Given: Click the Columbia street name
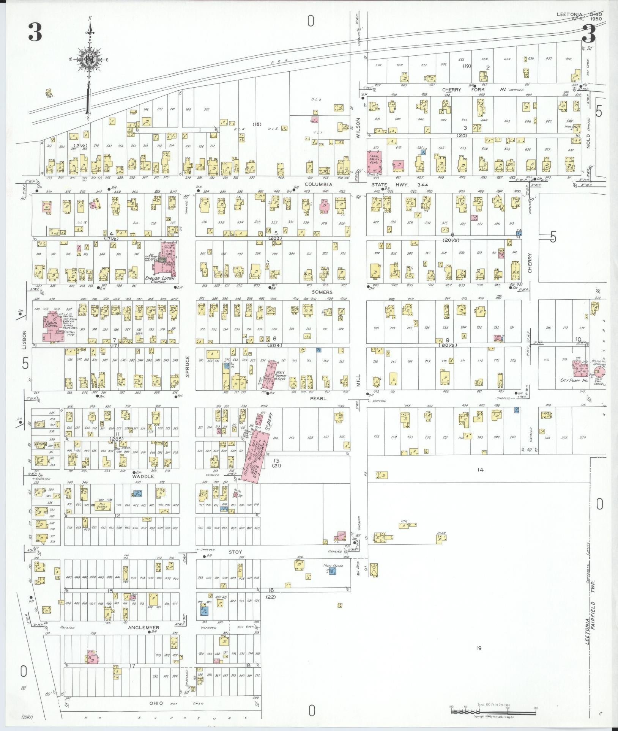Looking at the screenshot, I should [320, 184].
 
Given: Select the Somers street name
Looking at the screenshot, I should [322, 292].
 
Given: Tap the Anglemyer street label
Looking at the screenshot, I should [143, 627].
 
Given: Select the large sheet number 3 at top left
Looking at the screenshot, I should [35, 33].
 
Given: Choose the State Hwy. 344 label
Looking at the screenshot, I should [400, 185].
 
